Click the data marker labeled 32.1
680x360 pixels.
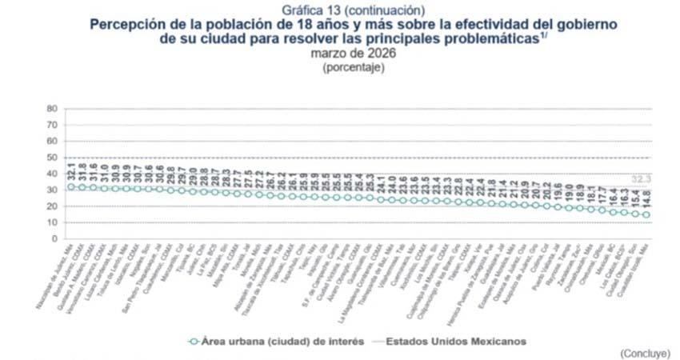71,186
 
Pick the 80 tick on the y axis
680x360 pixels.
53,108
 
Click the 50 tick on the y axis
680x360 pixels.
53,158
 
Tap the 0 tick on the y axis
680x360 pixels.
55,239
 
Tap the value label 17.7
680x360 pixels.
602,194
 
